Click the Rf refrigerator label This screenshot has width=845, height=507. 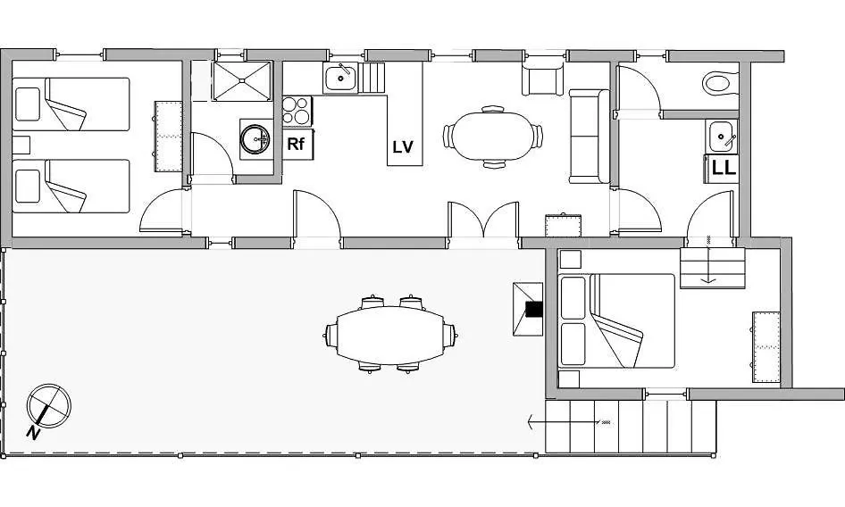coord(296,144)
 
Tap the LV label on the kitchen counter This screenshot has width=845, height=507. coord(403,147)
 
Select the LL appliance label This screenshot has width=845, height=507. coord(724,168)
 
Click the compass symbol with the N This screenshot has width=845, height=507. coord(48,406)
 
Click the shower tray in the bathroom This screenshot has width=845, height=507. coord(242,81)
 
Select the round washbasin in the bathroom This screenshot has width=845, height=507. coord(255,139)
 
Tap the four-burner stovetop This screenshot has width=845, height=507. coord(297,111)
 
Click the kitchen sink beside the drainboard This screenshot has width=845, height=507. coord(340,79)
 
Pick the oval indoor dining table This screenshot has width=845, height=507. coord(492,136)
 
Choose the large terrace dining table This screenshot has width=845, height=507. coord(389,335)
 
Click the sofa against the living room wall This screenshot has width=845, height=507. coord(589,137)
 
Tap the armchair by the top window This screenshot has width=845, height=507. coord(543,79)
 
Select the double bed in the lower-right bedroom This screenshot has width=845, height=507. coord(616,321)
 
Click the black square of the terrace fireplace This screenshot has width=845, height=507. coord(534,309)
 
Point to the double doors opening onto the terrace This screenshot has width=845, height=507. coord(483,220)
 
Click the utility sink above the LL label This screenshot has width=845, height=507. coord(721,137)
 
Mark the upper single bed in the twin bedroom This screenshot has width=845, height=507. coord(71,104)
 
